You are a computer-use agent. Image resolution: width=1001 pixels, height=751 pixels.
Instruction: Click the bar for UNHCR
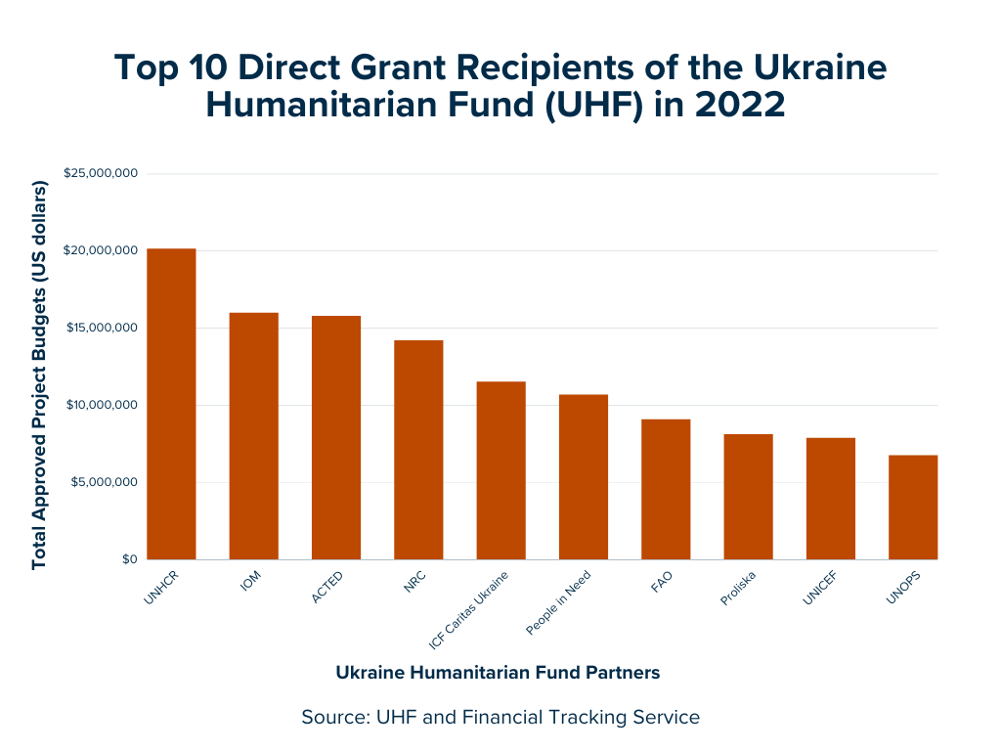[x=171, y=404]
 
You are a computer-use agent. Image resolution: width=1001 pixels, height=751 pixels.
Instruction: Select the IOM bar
[x=253, y=436]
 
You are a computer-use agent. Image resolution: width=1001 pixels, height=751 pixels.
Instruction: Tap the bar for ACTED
[x=336, y=437]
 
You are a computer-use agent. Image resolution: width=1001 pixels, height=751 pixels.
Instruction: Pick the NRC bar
[x=418, y=450]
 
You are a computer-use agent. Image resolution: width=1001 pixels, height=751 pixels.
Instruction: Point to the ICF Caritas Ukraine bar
[x=500, y=470]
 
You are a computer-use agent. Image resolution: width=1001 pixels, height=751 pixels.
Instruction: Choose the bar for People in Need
[x=584, y=477]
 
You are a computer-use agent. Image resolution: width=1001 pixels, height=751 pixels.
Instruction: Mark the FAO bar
[x=666, y=489]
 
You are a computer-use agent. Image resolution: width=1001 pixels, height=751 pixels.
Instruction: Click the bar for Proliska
[x=748, y=497]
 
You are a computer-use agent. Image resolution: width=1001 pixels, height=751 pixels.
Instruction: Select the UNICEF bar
[x=831, y=499]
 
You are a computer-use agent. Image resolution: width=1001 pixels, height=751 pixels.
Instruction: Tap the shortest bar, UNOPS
[x=913, y=508]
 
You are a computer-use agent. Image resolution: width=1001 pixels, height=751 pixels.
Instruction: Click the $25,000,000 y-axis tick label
[x=102, y=174]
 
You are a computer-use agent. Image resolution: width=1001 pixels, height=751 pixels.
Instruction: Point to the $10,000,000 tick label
[x=102, y=405]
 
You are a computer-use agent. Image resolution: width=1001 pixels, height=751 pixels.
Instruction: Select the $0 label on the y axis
[x=127, y=559]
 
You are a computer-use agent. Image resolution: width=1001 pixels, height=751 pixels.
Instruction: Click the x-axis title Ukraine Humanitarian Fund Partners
[x=498, y=673]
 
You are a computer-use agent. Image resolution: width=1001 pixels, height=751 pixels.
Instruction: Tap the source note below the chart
[x=500, y=717]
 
